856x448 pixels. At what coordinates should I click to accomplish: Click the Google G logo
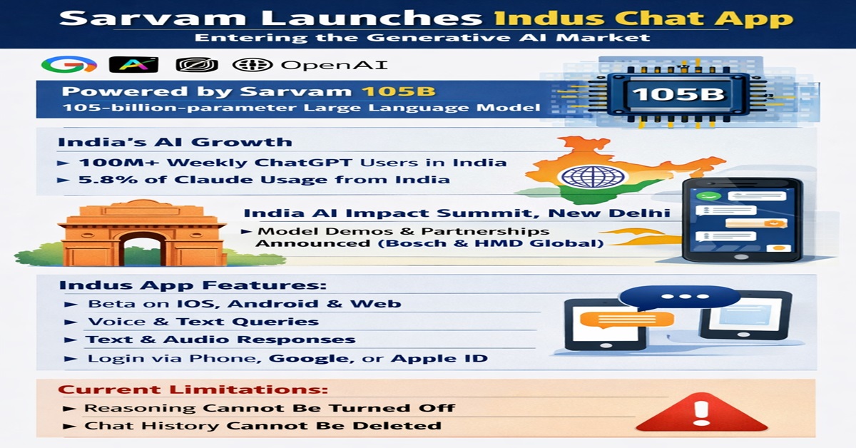[68, 65]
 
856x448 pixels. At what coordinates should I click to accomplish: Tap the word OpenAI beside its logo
[334, 65]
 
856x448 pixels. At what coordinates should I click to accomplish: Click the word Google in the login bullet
[310, 358]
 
